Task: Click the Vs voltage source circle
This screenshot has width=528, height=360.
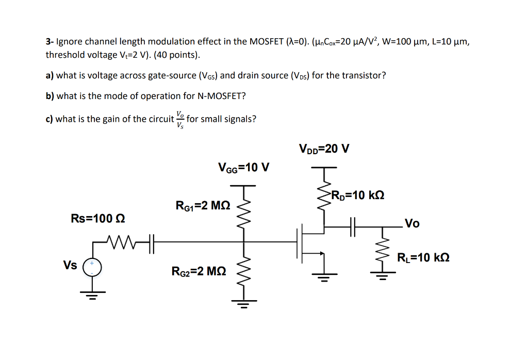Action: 93,267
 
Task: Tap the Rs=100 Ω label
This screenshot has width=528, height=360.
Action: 98,218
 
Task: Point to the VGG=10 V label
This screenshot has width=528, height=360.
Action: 244,168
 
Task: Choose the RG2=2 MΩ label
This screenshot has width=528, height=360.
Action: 199,271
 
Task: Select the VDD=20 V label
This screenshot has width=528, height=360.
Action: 324,149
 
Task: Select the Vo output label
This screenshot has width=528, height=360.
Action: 412,223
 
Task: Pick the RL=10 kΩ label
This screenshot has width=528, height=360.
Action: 423,257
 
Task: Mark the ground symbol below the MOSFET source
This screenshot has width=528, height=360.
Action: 324,279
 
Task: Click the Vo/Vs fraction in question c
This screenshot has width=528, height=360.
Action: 179,119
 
